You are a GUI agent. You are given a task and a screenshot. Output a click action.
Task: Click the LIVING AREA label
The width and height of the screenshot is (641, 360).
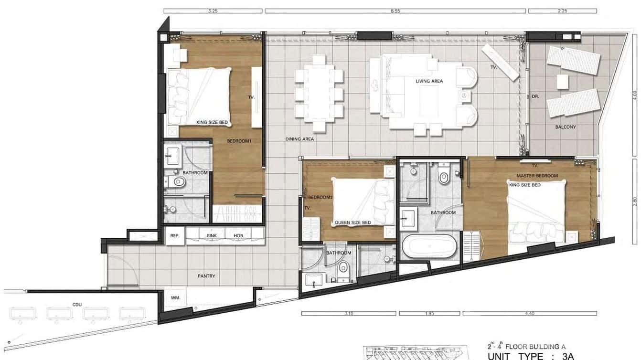click(429, 81)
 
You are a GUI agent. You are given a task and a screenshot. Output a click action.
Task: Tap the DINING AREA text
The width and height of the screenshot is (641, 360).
click(299, 139)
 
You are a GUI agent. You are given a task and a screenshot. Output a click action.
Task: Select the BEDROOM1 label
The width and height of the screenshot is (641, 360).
click(239, 141)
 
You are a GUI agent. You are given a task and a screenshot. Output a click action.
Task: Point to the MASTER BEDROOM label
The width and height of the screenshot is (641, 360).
click(537, 176)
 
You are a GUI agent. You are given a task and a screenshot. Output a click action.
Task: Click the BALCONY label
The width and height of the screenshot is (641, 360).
click(566, 127)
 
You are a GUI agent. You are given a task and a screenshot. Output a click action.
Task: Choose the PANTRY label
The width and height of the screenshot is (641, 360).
click(206, 276)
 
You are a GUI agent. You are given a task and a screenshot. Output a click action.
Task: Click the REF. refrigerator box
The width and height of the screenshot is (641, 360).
click(175, 236)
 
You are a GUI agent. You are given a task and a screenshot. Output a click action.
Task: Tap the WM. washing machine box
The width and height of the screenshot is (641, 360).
click(175, 298)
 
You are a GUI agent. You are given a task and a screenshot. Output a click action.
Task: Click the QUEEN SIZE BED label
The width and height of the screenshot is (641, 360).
click(353, 222)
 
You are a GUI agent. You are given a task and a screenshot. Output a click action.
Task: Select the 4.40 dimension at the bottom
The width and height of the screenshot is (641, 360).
click(529, 313)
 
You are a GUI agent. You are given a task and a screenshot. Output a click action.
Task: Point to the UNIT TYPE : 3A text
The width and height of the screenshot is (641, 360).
click(530, 356)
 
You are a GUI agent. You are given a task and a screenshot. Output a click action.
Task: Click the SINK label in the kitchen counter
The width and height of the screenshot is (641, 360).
click(212, 236)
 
